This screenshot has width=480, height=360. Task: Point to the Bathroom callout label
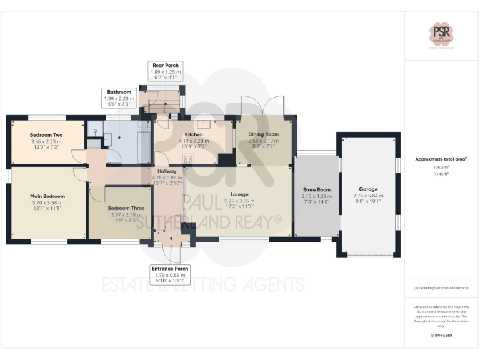(118, 92)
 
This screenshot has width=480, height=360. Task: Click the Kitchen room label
(194, 134)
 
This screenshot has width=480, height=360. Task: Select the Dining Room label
(263, 134)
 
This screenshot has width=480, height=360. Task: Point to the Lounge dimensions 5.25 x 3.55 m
(239, 201)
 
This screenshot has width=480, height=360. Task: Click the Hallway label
(167, 171)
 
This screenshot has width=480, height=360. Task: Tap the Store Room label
(316, 190)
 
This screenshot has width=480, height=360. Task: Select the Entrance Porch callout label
(170, 268)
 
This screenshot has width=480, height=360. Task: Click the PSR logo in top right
(442, 33)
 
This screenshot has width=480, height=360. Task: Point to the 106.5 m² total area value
(441, 167)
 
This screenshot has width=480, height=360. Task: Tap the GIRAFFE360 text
(441, 336)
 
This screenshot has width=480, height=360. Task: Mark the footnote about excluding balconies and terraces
(441, 288)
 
